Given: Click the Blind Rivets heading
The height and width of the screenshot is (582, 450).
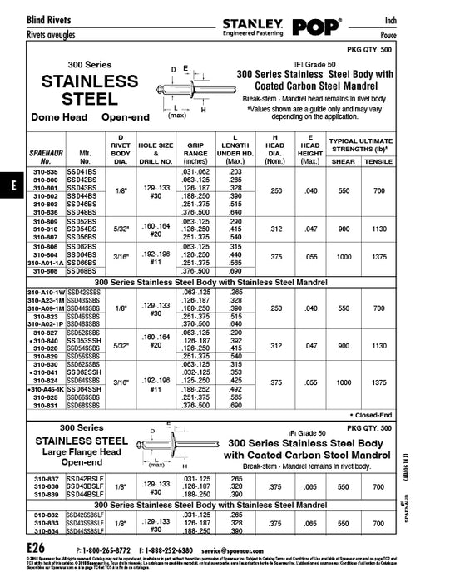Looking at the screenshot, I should (27, 18).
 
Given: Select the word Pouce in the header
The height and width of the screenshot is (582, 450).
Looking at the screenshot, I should (428, 37).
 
